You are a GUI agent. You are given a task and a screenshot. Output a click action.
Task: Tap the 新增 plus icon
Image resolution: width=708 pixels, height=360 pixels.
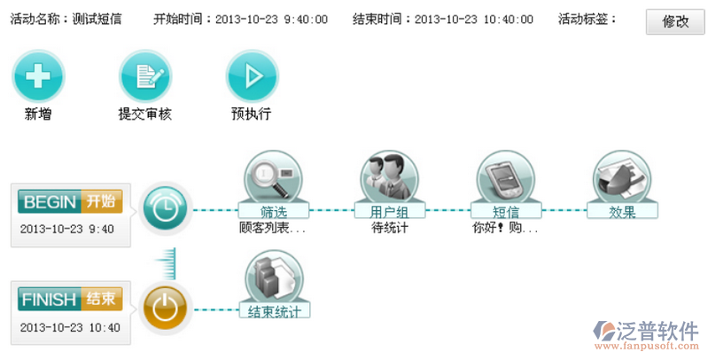pyautogui.click(x=37, y=75)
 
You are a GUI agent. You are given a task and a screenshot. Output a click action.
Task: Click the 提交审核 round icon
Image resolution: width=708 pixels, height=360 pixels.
pyautogui.click(x=144, y=75)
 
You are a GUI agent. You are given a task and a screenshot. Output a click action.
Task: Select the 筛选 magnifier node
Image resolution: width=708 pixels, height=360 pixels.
pyautogui.click(x=273, y=177)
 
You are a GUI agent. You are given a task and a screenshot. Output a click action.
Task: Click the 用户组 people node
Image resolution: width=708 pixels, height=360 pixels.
pyautogui.click(x=388, y=177)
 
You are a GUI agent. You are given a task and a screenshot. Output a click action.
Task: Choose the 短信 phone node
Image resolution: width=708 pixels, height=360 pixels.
pyautogui.click(x=505, y=177)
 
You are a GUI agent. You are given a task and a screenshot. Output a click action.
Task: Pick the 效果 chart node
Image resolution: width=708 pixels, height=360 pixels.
pyautogui.click(x=622, y=177)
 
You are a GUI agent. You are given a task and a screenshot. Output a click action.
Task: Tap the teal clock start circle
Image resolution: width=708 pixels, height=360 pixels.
pyautogui.click(x=164, y=210)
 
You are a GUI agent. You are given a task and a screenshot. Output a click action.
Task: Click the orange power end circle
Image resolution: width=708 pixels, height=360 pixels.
pyautogui.click(x=164, y=308)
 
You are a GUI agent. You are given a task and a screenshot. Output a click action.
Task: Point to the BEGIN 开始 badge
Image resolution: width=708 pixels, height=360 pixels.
pyautogui.click(x=69, y=201)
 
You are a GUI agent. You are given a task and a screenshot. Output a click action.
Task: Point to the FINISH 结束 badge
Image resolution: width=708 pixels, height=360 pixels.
pyautogui.click(x=69, y=299)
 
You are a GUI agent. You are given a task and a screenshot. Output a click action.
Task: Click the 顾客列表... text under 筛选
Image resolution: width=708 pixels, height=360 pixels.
pyautogui.click(x=273, y=228)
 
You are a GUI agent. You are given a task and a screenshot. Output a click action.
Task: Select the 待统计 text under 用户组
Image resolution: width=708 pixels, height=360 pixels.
pyautogui.click(x=389, y=228)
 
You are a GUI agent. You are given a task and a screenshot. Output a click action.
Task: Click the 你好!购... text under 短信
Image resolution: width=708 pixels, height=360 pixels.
pyautogui.click(x=505, y=228)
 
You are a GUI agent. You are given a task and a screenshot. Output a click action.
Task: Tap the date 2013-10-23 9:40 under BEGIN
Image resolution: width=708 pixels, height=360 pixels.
pyautogui.click(x=67, y=229)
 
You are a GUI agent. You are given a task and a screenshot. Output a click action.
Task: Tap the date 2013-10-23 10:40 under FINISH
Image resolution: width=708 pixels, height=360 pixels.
pyautogui.click(x=69, y=327)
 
